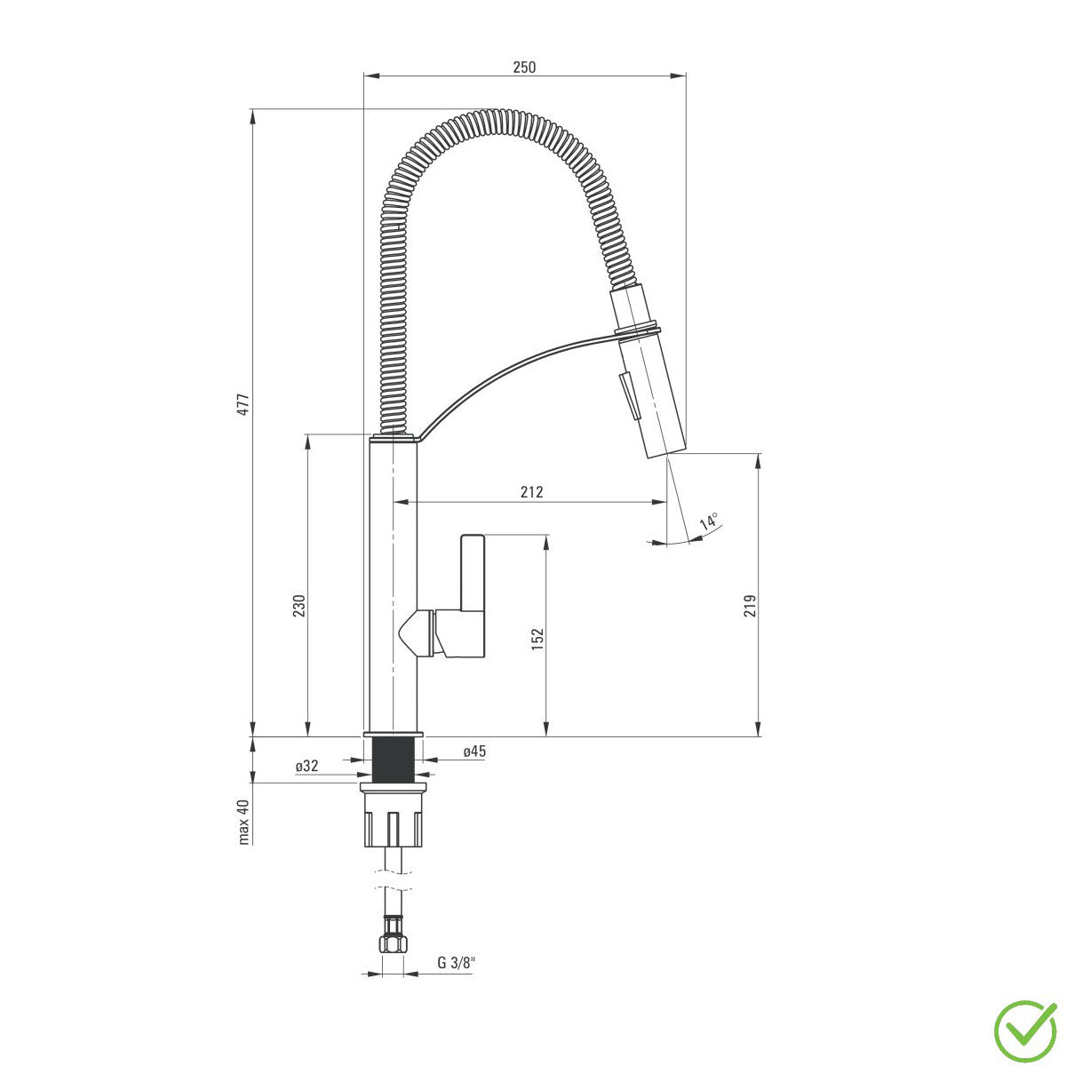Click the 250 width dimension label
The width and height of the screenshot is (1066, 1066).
pos(524,67)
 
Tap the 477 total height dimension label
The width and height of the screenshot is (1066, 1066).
pos(243,404)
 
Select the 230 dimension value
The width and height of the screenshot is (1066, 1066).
pos(298,607)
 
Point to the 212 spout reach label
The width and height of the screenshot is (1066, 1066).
pos(531,491)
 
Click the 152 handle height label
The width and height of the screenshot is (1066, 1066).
pos(537,639)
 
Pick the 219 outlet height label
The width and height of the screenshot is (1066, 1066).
pos(750,607)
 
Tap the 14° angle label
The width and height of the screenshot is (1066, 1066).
pos(709,521)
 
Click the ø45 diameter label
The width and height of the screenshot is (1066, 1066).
pos(474,751)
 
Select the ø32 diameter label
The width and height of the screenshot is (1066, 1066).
pos(307,766)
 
